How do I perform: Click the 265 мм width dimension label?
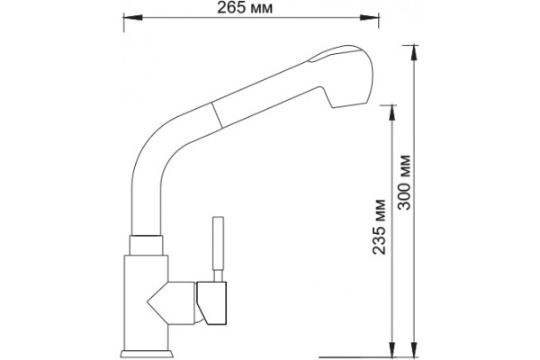tap(245, 8)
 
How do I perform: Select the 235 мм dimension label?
tap(379, 227)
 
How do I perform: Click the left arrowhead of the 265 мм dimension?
tap(133, 17)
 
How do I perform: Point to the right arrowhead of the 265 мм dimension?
tap(370, 17)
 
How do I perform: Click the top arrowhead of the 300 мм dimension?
tap(414, 54)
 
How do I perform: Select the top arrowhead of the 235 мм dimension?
tap(391, 114)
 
